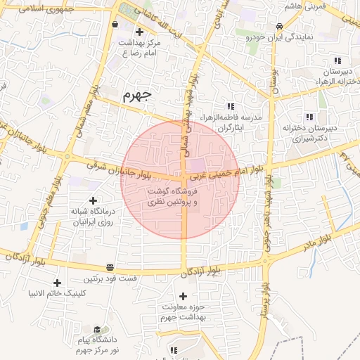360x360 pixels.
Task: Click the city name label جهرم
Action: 136,95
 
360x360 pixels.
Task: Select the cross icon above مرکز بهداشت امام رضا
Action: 139,32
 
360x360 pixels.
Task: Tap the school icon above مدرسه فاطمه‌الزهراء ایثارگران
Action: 230,105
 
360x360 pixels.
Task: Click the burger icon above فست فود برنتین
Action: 110,267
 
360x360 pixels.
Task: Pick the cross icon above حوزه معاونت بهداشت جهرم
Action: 184,297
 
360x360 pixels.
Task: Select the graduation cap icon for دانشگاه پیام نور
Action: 96,329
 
